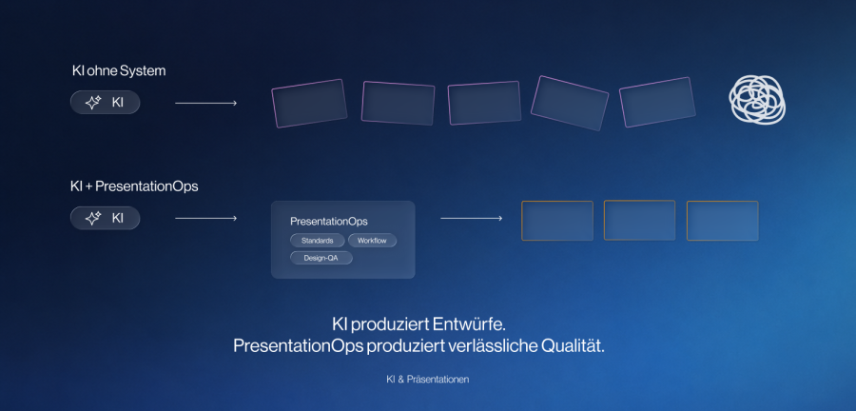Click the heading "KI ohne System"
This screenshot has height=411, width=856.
[x=119, y=71]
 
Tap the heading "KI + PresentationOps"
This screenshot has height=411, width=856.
[x=134, y=186]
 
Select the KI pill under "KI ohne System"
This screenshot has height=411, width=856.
[x=106, y=102]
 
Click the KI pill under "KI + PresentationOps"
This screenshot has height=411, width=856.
[x=106, y=218]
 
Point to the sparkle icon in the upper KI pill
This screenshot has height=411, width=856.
[x=93, y=102]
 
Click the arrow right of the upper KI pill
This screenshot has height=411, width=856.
[x=205, y=103]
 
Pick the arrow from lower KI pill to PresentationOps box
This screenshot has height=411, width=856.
[x=205, y=218]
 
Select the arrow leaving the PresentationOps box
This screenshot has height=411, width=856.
[x=471, y=218]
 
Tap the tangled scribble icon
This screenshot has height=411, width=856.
[x=757, y=99]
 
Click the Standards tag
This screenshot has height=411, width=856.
[x=317, y=240]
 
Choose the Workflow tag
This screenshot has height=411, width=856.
[x=372, y=240]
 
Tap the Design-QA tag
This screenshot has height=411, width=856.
[x=321, y=258]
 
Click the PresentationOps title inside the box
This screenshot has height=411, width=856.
[x=329, y=222]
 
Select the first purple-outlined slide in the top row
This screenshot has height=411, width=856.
[x=309, y=103]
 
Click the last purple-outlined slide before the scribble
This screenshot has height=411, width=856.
[x=657, y=102]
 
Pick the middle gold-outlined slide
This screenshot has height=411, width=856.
[x=639, y=220]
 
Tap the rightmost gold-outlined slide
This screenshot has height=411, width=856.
[x=722, y=221]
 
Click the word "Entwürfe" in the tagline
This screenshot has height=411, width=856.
[x=470, y=324]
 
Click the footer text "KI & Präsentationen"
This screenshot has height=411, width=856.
[x=427, y=380]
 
